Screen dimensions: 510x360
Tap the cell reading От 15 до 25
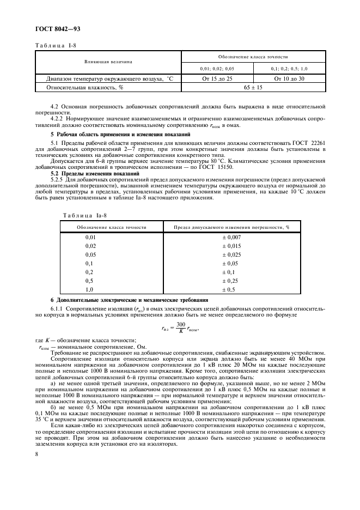click(x=217, y=79)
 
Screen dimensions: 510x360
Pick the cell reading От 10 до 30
click(x=289, y=79)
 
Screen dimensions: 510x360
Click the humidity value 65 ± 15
click(x=253, y=87)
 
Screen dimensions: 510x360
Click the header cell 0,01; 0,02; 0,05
click(x=217, y=69)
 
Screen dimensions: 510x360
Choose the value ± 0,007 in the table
click(x=231, y=237)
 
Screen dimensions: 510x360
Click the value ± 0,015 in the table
click(x=231, y=246)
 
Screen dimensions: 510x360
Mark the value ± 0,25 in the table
click(x=231, y=281)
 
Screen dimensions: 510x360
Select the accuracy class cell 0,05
click(x=90, y=254)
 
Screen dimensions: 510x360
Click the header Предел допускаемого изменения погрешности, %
click(x=231, y=227)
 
